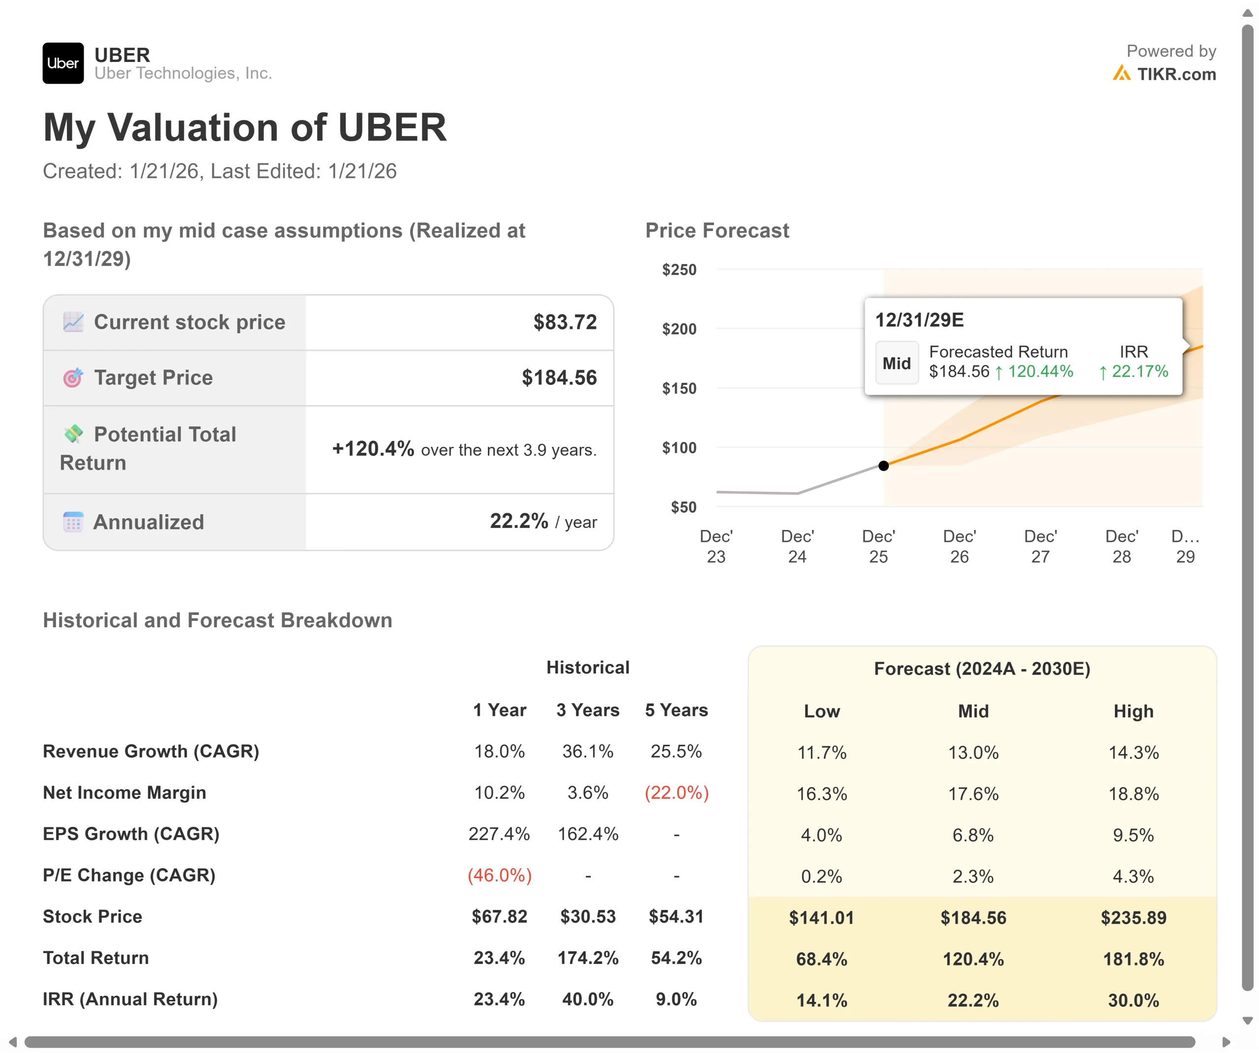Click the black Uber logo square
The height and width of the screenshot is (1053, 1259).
[63, 63]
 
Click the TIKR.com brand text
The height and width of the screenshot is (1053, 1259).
[1176, 74]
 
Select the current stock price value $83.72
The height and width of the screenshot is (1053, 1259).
[565, 322]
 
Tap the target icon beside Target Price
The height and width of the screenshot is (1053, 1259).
[73, 378]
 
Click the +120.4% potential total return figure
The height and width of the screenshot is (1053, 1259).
[373, 448]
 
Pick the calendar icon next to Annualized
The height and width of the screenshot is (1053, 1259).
[73, 522]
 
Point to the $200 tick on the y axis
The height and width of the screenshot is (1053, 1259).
[679, 329]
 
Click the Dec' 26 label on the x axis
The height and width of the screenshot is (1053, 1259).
[959, 546]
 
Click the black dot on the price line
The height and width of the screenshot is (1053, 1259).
[883, 466]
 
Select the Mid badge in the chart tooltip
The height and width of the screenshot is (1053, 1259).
[896, 363]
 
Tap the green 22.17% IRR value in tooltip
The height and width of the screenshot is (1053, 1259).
[1139, 372]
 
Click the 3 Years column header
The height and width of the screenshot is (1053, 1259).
[588, 710]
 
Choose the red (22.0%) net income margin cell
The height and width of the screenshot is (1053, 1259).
[676, 793]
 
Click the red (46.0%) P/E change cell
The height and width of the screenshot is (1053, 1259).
[499, 876]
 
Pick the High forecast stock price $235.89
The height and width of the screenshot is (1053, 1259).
[1133, 917]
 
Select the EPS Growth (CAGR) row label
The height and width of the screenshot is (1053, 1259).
[131, 834]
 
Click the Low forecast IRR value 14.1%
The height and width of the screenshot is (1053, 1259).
[821, 1000]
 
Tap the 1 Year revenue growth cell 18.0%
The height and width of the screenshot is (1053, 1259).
[499, 752]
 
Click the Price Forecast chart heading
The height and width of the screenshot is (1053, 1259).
[717, 231]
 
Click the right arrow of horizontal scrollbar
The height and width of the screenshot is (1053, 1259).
[1226, 1042]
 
